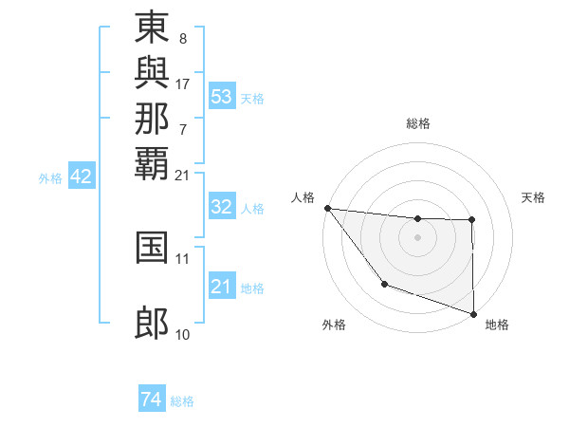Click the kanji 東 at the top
(x=152, y=28)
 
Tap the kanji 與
(x=152, y=73)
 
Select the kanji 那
(x=152, y=118)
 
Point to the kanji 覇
(x=152, y=162)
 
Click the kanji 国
(x=152, y=247)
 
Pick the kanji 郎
(x=152, y=324)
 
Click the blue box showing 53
(x=221, y=97)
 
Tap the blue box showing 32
(x=221, y=207)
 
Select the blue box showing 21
(x=221, y=287)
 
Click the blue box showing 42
(x=82, y=177)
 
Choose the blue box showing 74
(x=151, y=400)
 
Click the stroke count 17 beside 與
(x=183, y=84)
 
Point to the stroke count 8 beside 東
(x=182, y=40)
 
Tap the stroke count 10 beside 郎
(x=183, y=334)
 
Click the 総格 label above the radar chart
(x=418, y=123)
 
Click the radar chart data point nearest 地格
(x=472, y=312)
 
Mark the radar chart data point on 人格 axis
(x=327, y=208)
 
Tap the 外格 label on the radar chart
(x=334, y=325)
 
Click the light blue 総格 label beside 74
(x=183, y=401)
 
